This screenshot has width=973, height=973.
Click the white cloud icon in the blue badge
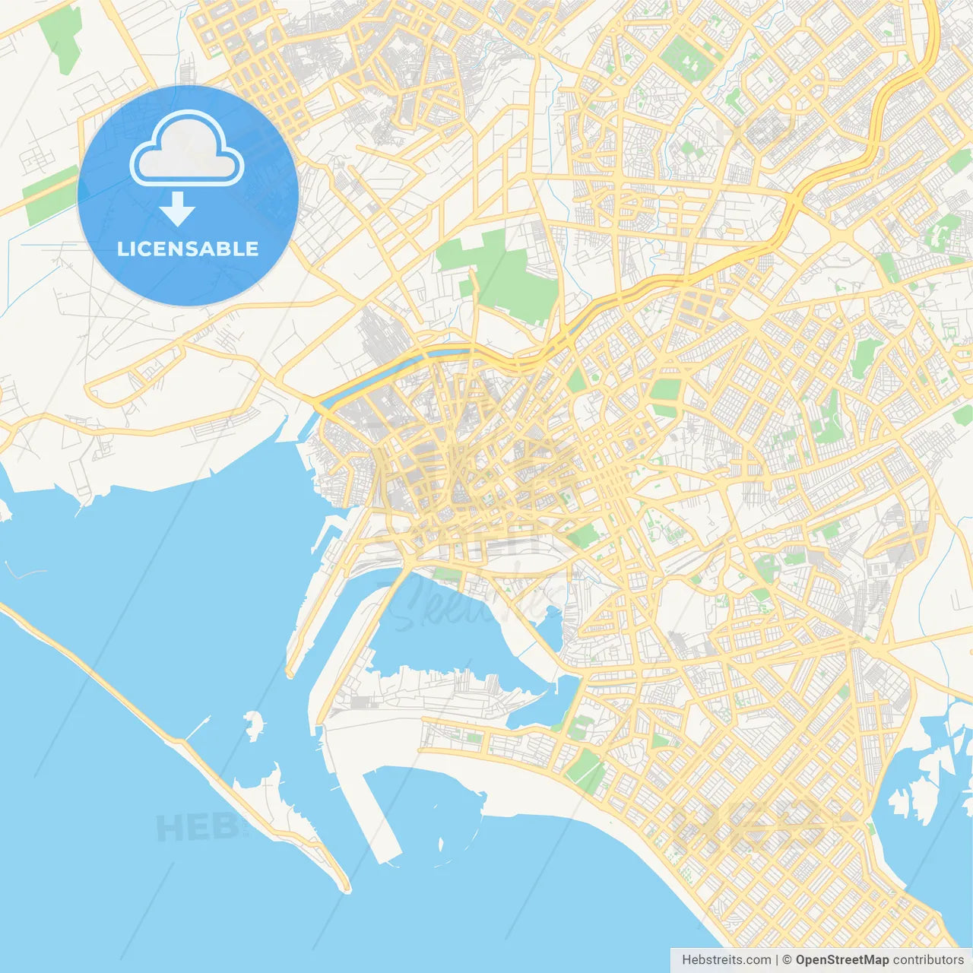coord(187,149)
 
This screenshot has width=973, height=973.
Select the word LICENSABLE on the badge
coord(188,249)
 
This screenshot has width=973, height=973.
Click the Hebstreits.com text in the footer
coord(726,960)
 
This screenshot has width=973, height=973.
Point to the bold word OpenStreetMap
coord(841,960)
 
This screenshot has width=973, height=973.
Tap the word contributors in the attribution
coord(928,960)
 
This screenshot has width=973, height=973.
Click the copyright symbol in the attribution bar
coord(788,960)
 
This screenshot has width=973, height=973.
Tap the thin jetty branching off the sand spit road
coord(198,727)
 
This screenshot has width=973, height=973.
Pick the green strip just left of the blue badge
coord(49,195)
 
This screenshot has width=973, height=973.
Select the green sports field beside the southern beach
coord(586,768)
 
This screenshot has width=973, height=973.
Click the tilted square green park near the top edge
coord(688,57)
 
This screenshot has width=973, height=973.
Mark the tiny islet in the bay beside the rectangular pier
coord(442,843)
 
